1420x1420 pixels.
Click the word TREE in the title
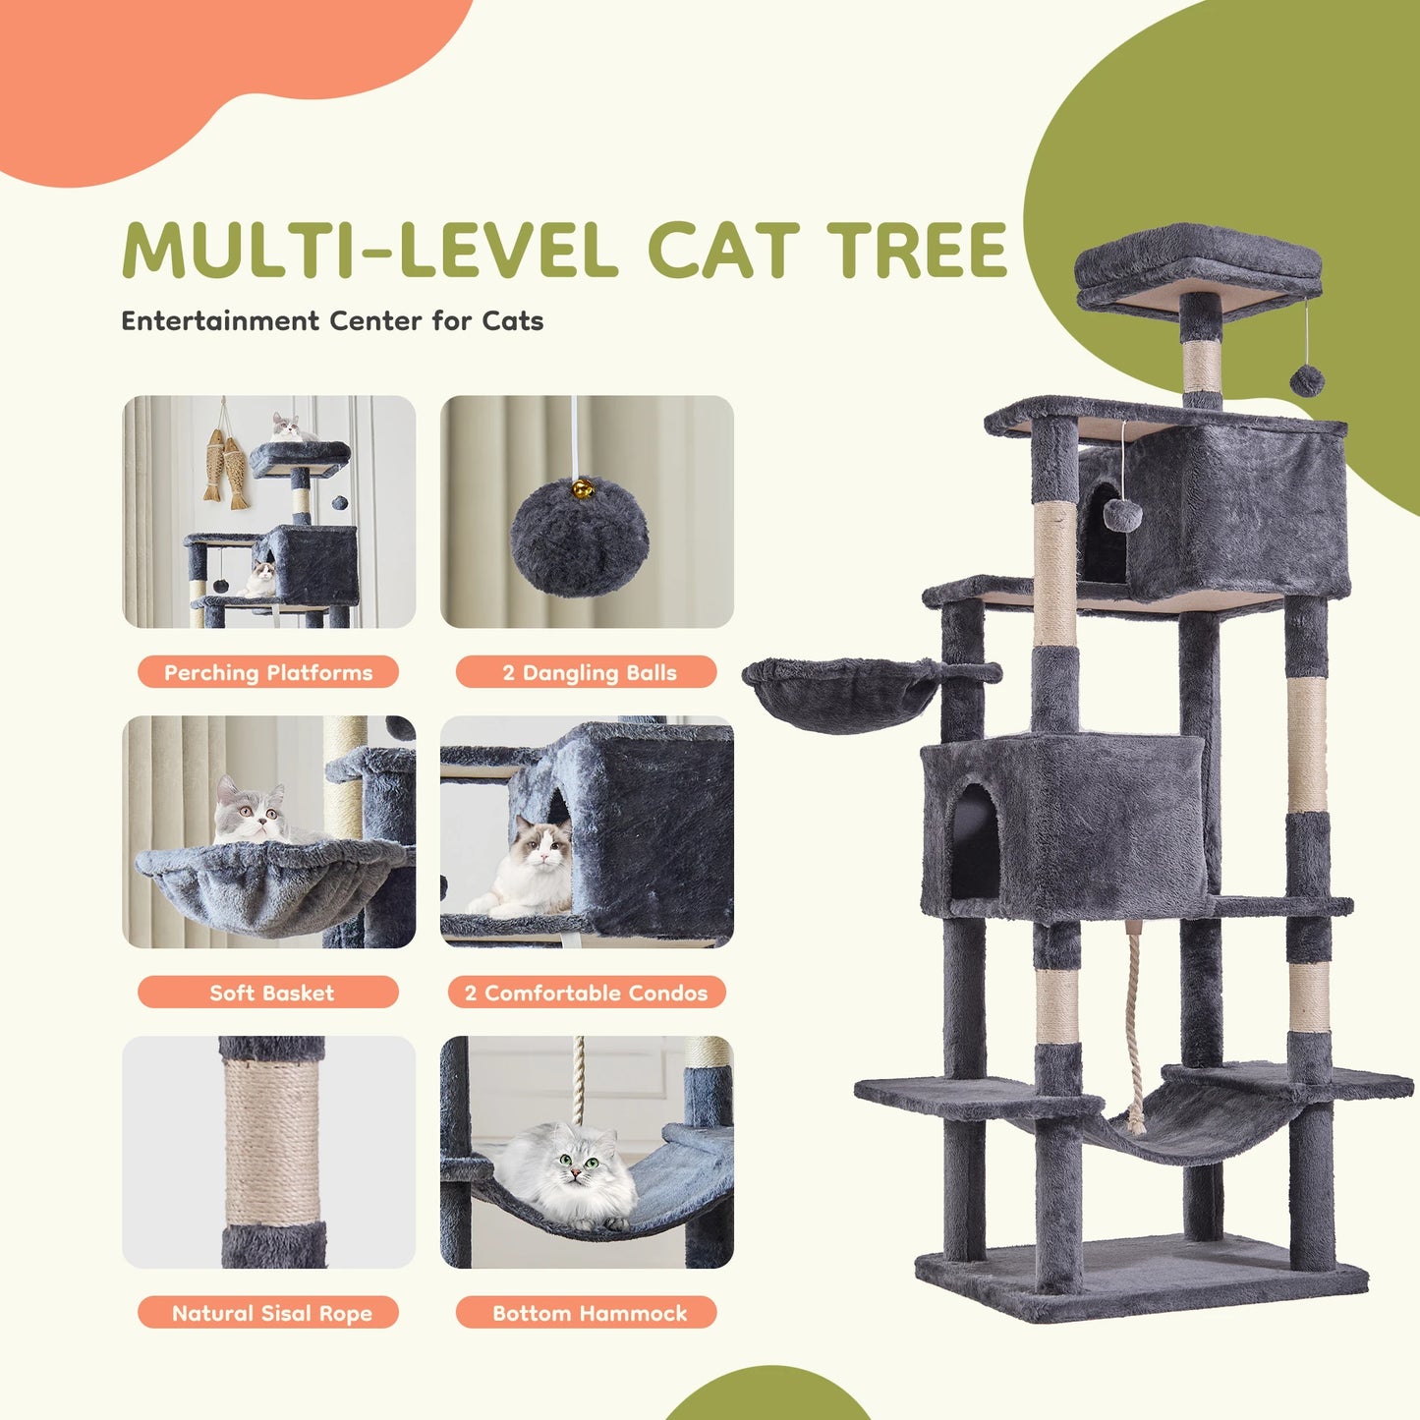pyautogui.click(x=917, y=250)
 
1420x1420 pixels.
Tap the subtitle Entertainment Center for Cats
pyautogui.click(x=332, y=321)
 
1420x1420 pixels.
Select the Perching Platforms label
pyautogui.click(x=268, y=672)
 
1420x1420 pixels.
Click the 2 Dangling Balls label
pyautogui.click(x=588, y=672)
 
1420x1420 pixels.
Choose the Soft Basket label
pyautogui.click(x=268, y=993)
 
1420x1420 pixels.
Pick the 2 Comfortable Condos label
pyautogui.click(x=588, y=993)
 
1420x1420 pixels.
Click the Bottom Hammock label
pyautogui.click(x=588, y=1313)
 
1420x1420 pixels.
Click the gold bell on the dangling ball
pyautogui.click(x=583, y=487)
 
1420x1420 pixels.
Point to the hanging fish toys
pyautogui.click(x=227, y=467)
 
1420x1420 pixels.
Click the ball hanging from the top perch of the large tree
pyautogui.click(x=1307, y=380)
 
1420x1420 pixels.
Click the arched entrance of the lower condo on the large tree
pyautogui.click(x=975, y=843)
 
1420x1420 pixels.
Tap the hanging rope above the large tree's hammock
pyautogui.click(x=1135, y=1022)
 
